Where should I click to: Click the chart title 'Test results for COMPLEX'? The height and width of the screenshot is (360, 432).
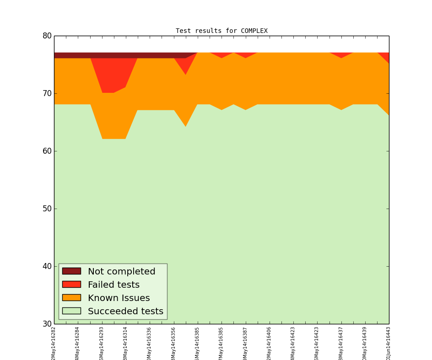(221, 31)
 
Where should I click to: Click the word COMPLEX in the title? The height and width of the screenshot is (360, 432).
(254, 31)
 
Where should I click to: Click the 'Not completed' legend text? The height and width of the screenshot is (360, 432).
(121, 272)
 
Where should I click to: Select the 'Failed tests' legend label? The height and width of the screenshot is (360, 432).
(113, 285)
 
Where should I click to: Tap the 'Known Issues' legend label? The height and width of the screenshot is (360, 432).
(119, 298)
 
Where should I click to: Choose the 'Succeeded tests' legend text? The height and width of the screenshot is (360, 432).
(125, 312)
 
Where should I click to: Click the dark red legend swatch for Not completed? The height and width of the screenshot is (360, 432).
(71, 271)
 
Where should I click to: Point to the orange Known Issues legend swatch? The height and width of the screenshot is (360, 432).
(71, 298)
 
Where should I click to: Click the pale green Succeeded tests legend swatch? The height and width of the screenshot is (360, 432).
(71, 311)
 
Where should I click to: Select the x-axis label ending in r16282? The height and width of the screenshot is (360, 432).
(54, 343)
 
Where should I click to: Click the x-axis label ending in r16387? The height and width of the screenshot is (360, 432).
(246, 343)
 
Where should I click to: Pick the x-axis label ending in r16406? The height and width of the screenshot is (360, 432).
(270, 343)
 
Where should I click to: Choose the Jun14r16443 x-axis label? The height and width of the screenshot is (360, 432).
(389, 343)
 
